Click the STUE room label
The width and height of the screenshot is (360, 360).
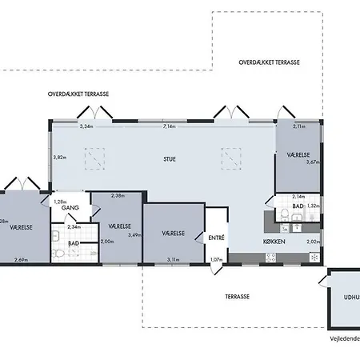click(169, 158)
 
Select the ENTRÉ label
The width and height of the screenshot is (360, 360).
click(217, 237)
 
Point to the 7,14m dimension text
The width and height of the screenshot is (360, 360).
click(169, 126)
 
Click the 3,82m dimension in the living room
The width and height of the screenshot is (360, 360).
click(58, 157)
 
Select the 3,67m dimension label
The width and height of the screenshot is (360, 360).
click(314, 162)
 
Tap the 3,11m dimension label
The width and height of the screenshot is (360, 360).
click(174, 259)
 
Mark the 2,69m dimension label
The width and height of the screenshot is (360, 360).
click(22, 259)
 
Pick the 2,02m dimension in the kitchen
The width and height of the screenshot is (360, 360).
click(313, 241)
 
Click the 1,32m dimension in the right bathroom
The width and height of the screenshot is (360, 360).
click(314, 206)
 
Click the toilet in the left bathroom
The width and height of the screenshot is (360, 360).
click(58, 253)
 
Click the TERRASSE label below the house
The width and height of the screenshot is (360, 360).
click(237, 296)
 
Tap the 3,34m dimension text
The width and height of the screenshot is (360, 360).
click(86, 126)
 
